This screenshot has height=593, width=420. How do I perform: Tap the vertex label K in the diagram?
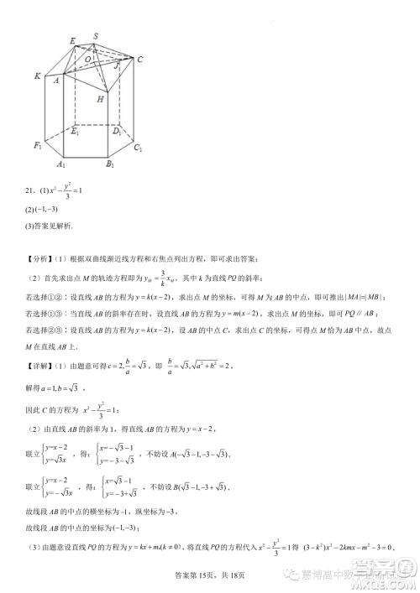tap(39, 75)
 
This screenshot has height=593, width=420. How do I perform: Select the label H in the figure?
tap(100, 100)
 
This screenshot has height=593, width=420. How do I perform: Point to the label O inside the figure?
tap(88, 60)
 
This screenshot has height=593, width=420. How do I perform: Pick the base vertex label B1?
tap(110, 164)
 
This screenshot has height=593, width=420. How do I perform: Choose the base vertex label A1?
tap(61, 164)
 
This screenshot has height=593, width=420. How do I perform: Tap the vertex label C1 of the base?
tap(137, 148)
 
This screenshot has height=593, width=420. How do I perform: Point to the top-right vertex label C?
tap(139, 59)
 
